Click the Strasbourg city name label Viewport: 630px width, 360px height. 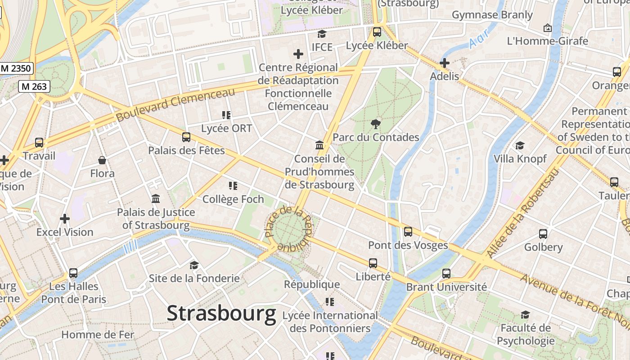pos(221,313)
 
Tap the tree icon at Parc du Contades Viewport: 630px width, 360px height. pos(375,124)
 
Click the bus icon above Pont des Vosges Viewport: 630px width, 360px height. pos(408,232)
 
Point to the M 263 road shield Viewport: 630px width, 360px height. pos(34,86)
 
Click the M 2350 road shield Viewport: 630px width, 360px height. pos(16,68)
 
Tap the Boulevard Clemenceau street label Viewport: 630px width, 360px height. pos(175,104)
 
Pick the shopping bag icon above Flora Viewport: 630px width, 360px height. pos(102,160)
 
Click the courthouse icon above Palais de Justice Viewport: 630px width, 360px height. pos(156,198)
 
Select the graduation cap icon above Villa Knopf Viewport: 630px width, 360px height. pos(520,145)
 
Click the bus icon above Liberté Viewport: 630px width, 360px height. pos(373,263)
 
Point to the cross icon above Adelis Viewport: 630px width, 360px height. pos(445,63)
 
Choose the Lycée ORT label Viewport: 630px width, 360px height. pos(226,129)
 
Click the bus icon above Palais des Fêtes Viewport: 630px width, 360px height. pos(186,137)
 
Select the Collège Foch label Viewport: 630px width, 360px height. pos(233,199)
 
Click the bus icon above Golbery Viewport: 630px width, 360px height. pos(543,234)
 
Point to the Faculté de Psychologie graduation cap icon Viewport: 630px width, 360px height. pos(525,315)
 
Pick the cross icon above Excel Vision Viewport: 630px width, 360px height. pos(65,219)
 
